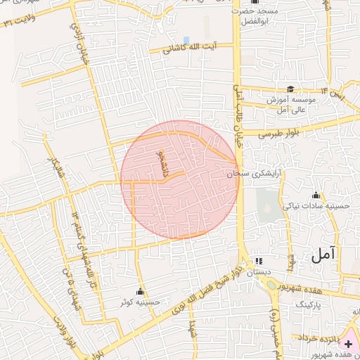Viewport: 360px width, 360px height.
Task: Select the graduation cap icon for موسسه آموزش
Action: tap(289, 89)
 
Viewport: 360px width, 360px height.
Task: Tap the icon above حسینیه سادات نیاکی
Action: tap(316, 195)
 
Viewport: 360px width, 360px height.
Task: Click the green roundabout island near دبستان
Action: tap(271, 285)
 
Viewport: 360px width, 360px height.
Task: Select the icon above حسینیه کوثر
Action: tap(141, 291)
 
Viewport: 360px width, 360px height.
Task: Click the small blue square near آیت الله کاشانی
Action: tap(186, 39)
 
